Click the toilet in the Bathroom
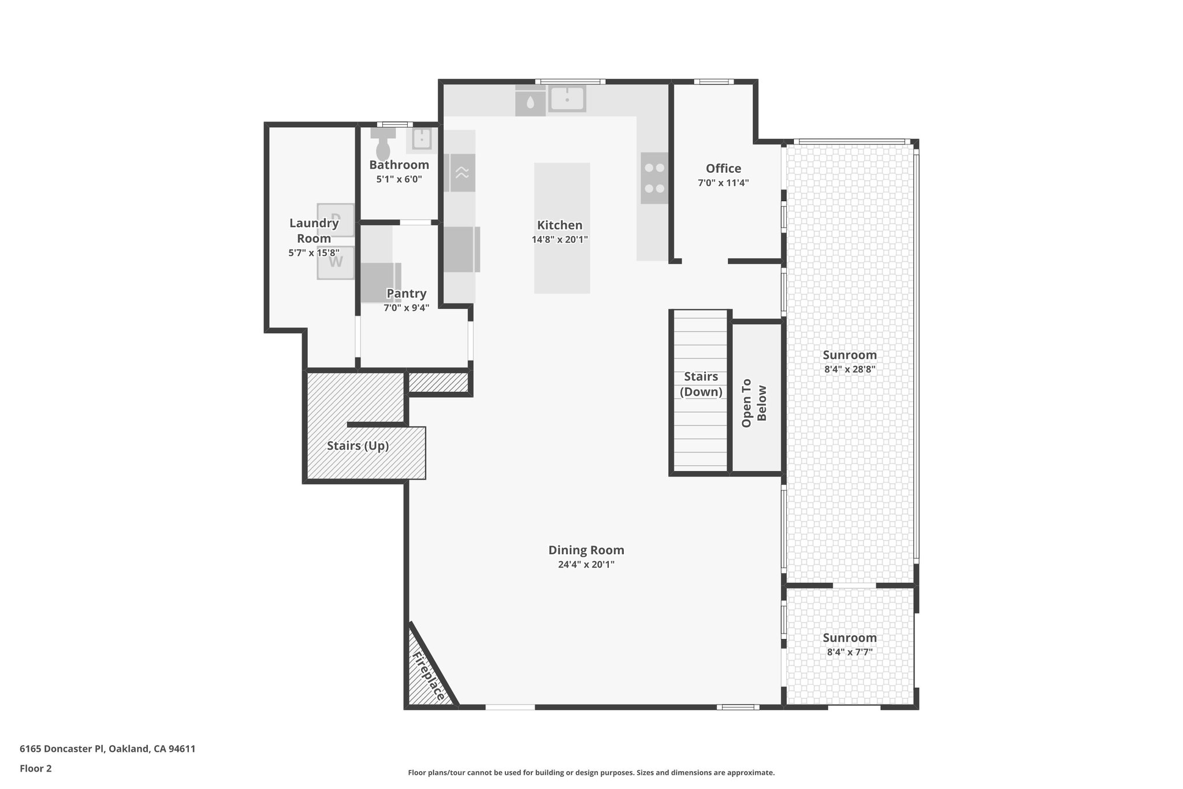point(383,146)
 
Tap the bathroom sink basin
point(422,139)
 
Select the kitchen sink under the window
point(567,98)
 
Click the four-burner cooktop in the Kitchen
point(654,178)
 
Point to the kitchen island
point(562,228)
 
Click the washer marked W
point(336,262)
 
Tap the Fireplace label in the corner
point(429,676)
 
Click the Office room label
point(723,168)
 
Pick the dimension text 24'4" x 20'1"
point(586,565)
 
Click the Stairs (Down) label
point(701,384)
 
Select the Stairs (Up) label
point(358,446)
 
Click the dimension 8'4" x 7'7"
point(849,652)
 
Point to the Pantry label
point(406,294)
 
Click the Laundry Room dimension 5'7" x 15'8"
point(314,253)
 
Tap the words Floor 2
point(36,769)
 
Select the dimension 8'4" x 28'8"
point(849,369)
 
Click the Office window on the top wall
point(713,82)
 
